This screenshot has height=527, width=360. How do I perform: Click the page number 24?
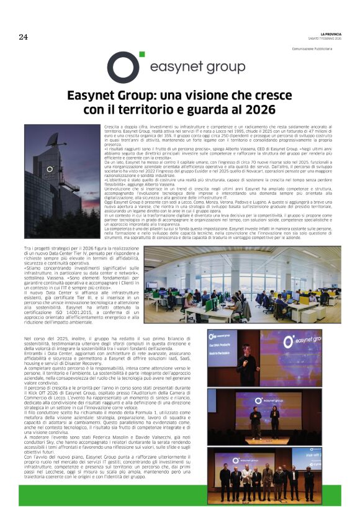coord(23,37)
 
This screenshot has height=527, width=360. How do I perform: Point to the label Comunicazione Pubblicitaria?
coord(315,48)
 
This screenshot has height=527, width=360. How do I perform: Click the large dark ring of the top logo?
coord(123,67)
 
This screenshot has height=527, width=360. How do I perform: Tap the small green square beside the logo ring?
coord(142,54)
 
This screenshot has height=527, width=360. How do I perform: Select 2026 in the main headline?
coord(259,110)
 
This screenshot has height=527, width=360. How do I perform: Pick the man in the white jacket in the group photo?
coord(246,482)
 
